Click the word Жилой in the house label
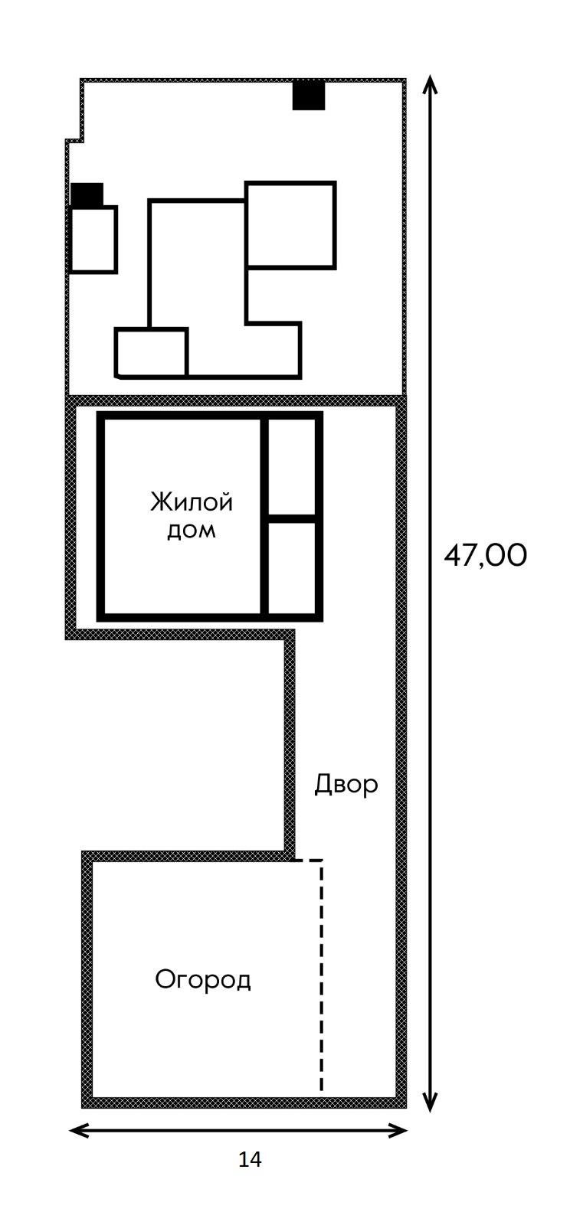pos(192,503)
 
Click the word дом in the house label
pos(192,530)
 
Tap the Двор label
pos(346,784)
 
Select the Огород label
pos(203,979)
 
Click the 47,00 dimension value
pos(486,555)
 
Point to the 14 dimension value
pos(250,1160)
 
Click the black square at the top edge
pos(309,96)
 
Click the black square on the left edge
pos(87,194)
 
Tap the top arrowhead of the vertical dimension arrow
pos(431,83)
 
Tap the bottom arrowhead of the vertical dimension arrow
pos(431,1103)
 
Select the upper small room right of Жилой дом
pos(292,467)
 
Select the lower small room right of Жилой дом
pos(292,567)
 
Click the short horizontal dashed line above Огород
pos(309,861)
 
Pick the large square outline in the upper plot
pos(290,225)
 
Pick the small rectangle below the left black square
pos(93,240)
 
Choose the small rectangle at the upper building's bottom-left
pos(151,352)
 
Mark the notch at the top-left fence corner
pos(74,138)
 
